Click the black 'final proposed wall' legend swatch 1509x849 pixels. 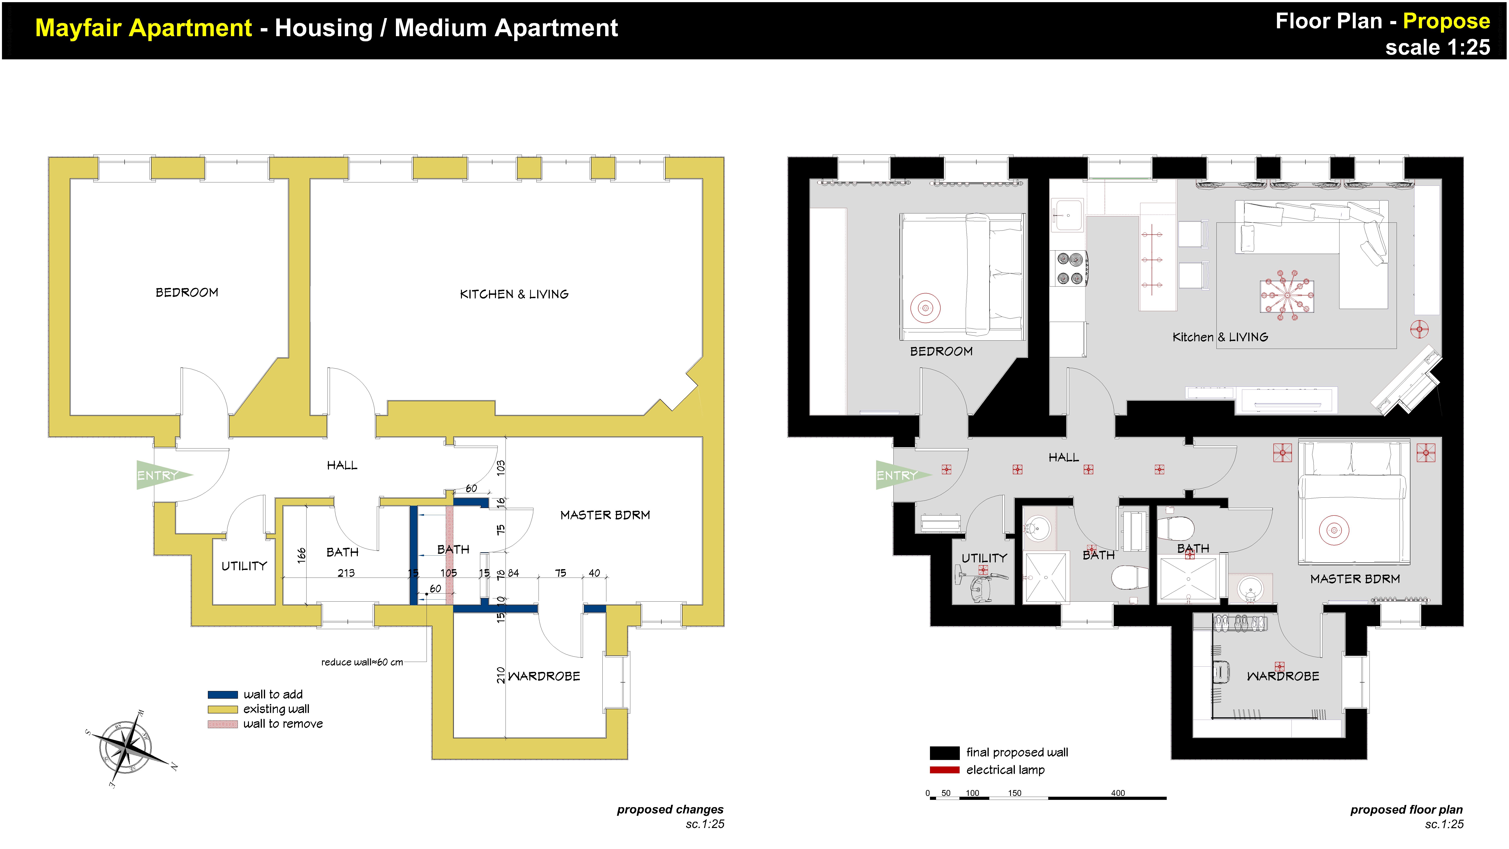(944, 752)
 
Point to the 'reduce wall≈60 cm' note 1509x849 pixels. (362, 662)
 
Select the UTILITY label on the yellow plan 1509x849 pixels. (244, 566)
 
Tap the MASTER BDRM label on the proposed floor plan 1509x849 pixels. (1355, 579)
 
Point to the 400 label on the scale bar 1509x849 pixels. (1118, 793)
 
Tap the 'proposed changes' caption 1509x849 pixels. (670, 809)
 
